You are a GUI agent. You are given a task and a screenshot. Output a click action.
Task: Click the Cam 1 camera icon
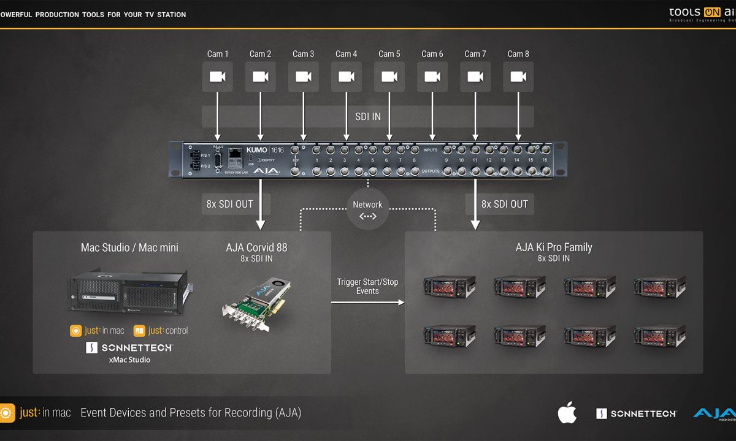[x=218, y=77]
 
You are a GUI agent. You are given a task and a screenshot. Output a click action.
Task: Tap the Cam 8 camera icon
[x=518, y=77]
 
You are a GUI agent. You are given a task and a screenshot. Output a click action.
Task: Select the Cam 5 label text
[x=389, y=54]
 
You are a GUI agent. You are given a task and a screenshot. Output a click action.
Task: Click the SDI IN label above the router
[x=368, y=116]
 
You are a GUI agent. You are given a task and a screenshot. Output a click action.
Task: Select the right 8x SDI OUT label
[x=505, y=204]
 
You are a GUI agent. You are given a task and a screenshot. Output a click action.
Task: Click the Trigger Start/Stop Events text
[x=367, y=286]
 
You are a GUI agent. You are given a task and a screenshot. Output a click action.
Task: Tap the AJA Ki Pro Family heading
[x=554, y=247]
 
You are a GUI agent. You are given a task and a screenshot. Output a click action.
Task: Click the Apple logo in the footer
[x=567, y=413]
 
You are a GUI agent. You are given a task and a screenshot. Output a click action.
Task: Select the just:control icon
[x=139, y=331]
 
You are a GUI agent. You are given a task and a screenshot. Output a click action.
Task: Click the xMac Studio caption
[x=129, y=360]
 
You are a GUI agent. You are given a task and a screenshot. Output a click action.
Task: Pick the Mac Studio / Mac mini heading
[x=129, y=247]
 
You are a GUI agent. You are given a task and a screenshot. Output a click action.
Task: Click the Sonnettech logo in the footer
[x=636, y=413]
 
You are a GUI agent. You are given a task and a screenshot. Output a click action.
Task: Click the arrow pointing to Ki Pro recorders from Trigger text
[x=368, y=302]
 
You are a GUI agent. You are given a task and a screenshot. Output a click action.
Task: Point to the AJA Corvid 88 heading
[x=256, y=247]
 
